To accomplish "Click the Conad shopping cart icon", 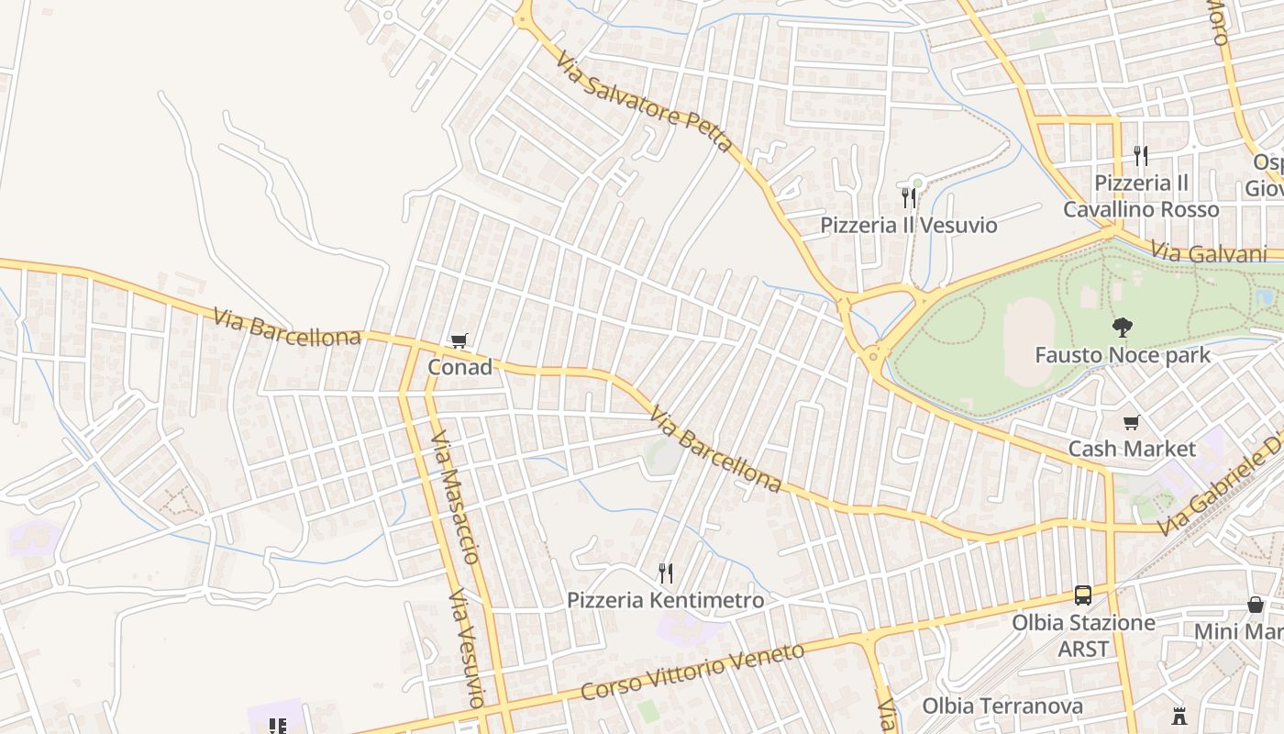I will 459,341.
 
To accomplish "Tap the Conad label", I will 459,367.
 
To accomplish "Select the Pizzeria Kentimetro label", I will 665,600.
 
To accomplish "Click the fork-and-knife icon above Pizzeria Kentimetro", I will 666,573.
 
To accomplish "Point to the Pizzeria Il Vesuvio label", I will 908,225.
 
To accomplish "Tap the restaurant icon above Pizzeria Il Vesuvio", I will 909,197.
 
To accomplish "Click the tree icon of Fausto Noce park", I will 1122,328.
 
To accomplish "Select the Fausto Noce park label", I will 1123,354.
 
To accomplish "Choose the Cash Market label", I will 1132,449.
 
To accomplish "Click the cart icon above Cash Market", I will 1132,422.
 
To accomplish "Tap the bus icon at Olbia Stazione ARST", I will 1083,595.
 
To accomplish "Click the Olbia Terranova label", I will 1002,706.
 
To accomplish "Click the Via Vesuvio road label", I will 465,650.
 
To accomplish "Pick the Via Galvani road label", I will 1208,253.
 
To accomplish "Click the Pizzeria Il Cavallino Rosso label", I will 1141,196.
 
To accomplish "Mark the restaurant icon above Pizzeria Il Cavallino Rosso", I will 1141,155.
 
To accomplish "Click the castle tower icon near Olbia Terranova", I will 1179,715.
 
